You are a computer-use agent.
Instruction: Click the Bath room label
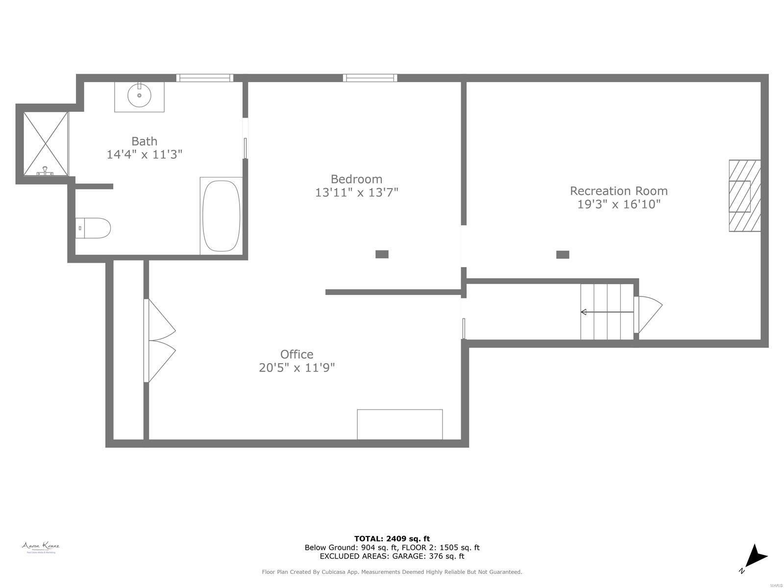[144, 141]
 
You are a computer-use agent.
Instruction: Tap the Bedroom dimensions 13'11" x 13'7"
[356, 193]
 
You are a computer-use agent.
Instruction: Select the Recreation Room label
[618, 191]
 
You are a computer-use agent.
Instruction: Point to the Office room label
[296, 354]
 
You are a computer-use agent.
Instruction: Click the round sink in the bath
[139, 95]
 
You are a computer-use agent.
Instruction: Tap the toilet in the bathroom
[94, 228]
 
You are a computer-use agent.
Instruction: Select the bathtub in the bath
[221, 216]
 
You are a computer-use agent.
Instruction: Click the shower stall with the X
[45, 143]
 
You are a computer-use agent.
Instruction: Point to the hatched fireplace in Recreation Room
[744, 196]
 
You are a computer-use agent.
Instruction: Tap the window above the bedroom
[370, 77]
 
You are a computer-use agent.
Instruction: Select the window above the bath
[204, 77]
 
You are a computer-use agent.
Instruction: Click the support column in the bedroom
[382, 254]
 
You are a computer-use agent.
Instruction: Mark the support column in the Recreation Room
[563, 254]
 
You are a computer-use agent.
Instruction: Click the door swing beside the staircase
[648, 314]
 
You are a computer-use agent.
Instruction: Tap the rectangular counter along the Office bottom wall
[399, 424]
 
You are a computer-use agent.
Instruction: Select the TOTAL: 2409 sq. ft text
[392, 539]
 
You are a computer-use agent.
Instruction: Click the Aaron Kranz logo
[41, 547]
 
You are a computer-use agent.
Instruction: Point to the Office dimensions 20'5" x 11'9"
[296, 367]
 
